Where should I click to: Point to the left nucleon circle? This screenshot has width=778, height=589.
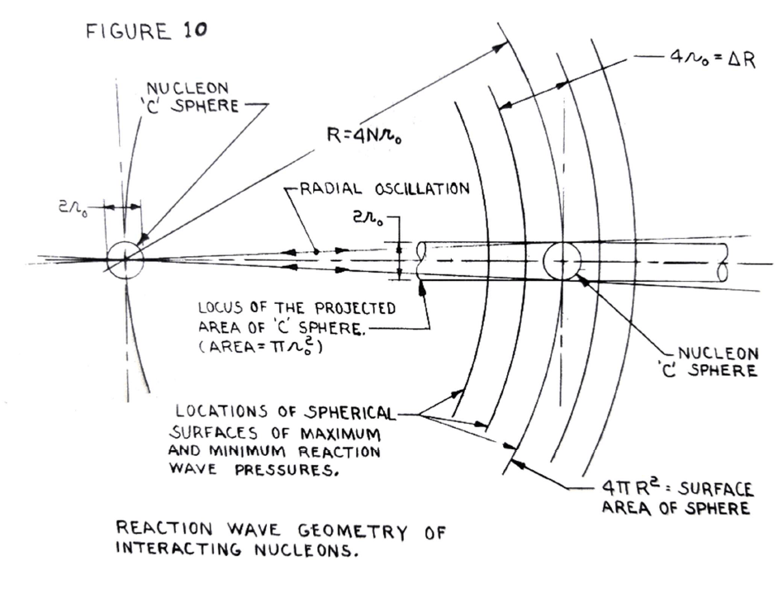click(125, 260)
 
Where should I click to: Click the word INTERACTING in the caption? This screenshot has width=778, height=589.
click(172, 549)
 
